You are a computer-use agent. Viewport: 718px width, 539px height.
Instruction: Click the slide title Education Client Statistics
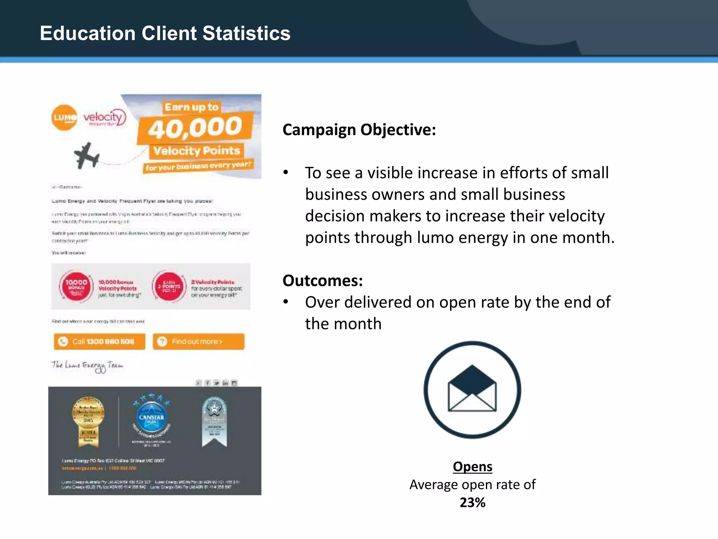[x=165, y=33]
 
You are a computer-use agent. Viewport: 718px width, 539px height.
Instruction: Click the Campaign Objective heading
[x=359, y=130]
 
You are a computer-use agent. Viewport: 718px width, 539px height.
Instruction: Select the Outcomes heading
[x=323, y=281]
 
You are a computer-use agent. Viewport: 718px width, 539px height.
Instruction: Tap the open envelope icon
[x=472, y=390]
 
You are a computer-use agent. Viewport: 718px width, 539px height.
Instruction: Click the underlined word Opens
[x=472, y=467]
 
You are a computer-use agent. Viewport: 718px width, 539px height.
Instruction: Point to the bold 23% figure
[x=472, y=503]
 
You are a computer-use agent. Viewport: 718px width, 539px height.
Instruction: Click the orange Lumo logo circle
[x=64, y=118]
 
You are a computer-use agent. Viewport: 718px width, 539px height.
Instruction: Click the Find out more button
[x=198, y=341]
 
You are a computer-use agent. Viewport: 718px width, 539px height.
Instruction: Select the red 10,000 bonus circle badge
[x=76, y=286]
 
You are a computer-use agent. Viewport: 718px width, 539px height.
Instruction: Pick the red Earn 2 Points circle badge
[x=169, y=286]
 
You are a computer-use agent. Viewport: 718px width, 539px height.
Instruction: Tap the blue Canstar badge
[x=151, y=418]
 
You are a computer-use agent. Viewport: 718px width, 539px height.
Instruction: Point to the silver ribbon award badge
[x=214, y=421]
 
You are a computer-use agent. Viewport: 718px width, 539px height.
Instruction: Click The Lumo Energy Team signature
[x=87, y=366]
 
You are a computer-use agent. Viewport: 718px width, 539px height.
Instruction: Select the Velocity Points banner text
[x=197, y=151]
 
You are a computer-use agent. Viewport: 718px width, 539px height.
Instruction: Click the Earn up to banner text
[x=191, y=107]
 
